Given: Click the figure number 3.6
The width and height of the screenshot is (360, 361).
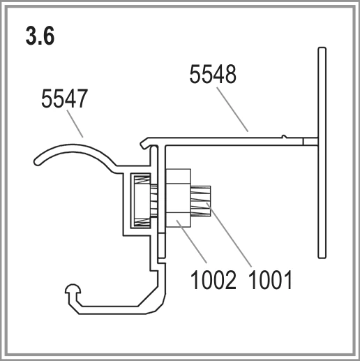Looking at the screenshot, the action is (x=40, y=36).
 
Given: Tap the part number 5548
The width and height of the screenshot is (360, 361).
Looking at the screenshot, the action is (x=213, y=75).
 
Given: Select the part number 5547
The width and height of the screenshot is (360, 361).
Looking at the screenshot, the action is (x=64, y=98).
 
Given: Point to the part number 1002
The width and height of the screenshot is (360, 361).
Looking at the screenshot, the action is (x=213, y=280).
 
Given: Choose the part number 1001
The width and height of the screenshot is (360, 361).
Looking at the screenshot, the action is (x=270, y=280).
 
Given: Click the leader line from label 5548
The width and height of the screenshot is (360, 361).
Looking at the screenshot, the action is (x=232, y=110).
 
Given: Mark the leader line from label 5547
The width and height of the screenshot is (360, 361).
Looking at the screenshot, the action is (x=75, y=124).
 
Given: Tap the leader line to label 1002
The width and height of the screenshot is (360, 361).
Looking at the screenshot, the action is (x=191, y=242).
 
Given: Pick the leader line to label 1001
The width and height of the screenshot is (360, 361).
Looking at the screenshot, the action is (x=229, y=235).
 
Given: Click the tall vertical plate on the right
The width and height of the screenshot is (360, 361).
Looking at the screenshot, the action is (x=322, y=153).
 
